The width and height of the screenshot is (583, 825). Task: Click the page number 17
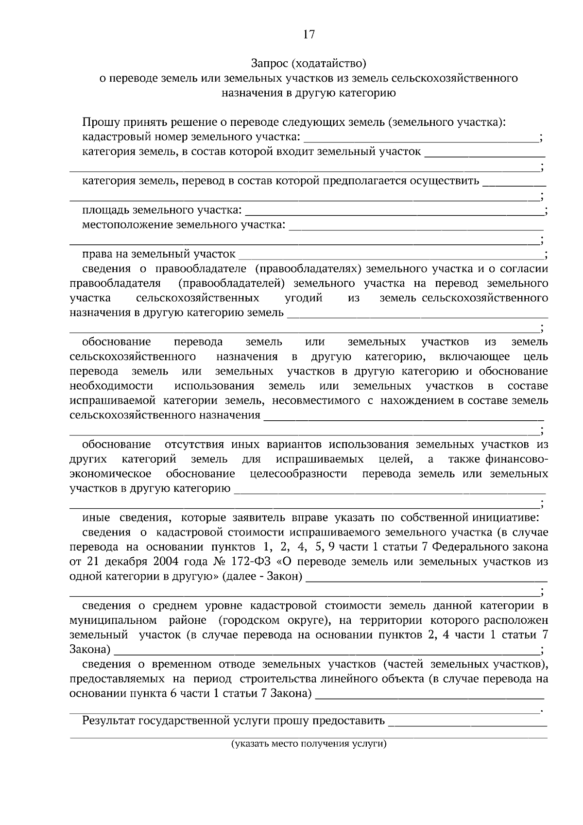pos(309,34)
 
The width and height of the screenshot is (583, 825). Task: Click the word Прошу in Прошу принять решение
pos(99,122)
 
